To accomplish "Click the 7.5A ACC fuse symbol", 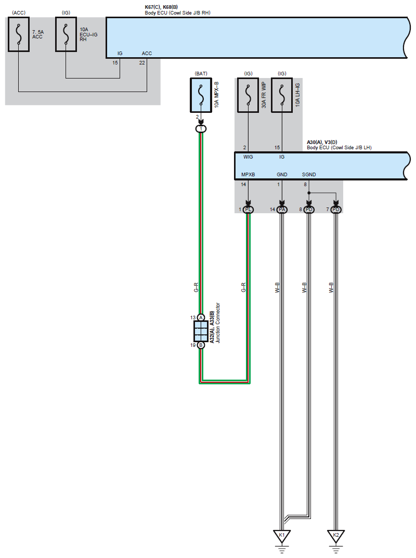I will point(19,34).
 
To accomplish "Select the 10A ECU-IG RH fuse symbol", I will point(66,34).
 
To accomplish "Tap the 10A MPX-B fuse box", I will point(201,95).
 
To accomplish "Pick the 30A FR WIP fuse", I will point(248,95).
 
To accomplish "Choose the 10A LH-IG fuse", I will point(282,95).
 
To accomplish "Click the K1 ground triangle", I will point(282,536).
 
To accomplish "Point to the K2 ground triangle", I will point(336,536).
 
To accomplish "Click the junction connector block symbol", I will point(201,331).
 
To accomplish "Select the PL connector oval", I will point(249,209).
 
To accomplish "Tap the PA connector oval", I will point(282,209).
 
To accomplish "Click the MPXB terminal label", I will point(249,175).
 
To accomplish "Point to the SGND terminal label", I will point(309,175).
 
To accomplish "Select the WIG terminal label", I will point(248,157).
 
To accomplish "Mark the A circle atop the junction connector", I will point(201,317).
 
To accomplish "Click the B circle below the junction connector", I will point(201,345).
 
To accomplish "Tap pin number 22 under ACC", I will point(142,62).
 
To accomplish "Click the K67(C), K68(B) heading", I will point(161,7).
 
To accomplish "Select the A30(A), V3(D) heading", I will point(322,142).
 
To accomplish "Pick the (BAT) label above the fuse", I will point(201,73).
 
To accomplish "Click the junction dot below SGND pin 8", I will point(309,192).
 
